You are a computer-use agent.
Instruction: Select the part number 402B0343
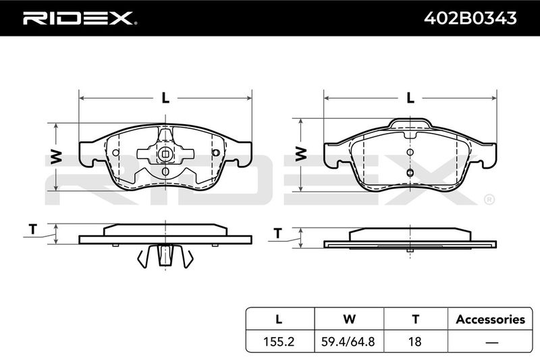[470, 18]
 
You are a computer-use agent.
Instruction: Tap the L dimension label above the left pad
[165, 98]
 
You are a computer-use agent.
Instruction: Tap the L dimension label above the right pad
[410, 98]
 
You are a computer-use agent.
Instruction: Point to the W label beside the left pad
[56, 157]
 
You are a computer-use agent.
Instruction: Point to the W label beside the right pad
[300, 153]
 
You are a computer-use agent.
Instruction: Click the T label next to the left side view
[32, 229]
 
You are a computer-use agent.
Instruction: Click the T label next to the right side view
[277, 233]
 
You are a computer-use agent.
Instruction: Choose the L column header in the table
[279, 319]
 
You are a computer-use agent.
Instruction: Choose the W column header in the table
[349, 319]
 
